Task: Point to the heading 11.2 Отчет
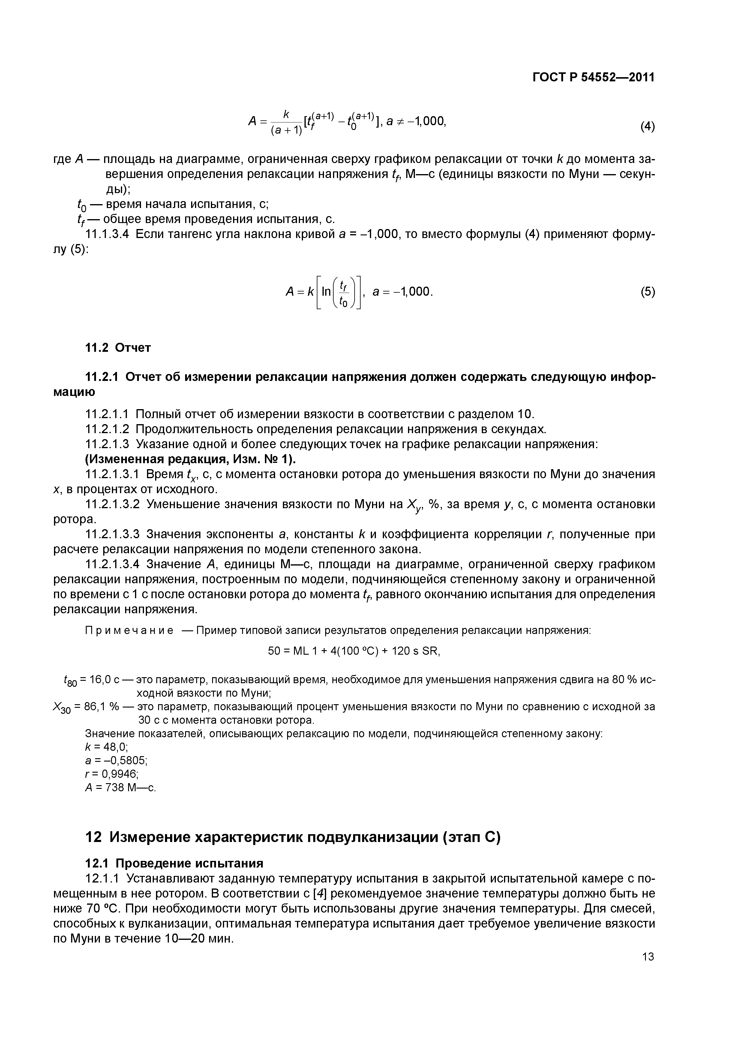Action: pyautogui.click(x=118, y=348)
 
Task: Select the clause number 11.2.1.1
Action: pyautogui.click(x=108, y=414)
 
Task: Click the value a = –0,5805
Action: pyautogui.click(x=116, y=761)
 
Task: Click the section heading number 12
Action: pyautogui.click(x=93, y=837)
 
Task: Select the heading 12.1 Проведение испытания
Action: pyautogui.click(x=175, y=864)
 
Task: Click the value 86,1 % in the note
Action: pyautogui.click(x=103, y=707)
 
